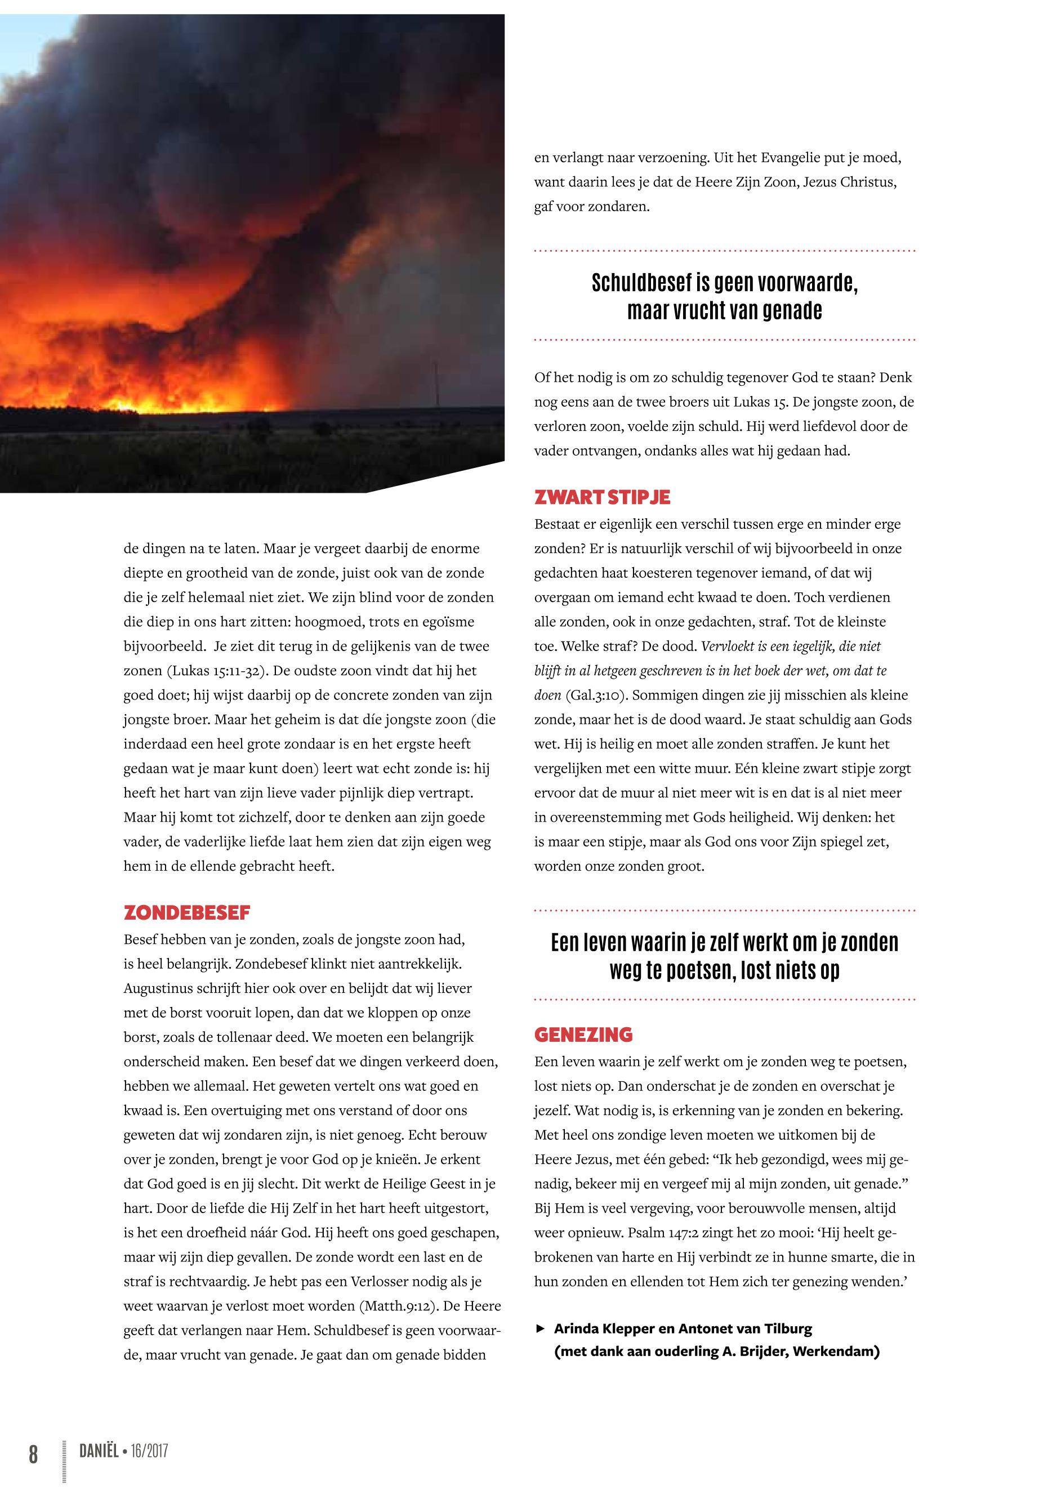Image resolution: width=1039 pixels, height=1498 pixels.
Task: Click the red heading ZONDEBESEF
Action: point(187,913)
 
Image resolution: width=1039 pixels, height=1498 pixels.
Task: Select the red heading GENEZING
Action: point(583,1035)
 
